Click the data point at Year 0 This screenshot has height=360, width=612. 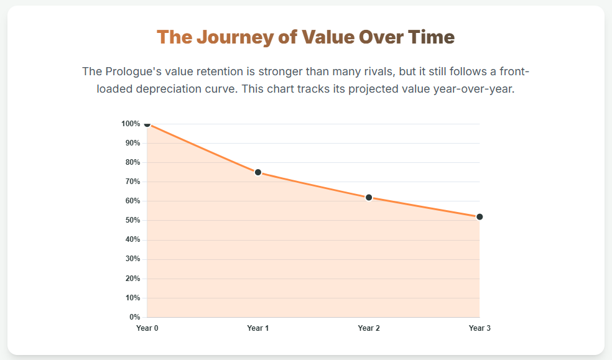(x=147, y=124)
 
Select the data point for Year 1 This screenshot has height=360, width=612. (x=258, y=172)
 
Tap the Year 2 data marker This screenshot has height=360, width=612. (x=369, y=197)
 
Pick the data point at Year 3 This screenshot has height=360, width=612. (x=480, y=217)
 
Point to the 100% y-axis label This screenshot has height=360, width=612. (x=131, y=124)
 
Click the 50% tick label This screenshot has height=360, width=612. (x=132, y=220)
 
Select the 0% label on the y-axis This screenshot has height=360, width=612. (x=135, y=317)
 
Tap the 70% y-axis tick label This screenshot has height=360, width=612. (x=132, y=182)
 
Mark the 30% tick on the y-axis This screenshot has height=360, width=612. (x=132, y=259)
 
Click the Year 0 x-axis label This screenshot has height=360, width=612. (x=147, y=328)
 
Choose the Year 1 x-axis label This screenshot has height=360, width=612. (x=258, y=328)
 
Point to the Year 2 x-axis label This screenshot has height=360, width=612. (x=369, y=328)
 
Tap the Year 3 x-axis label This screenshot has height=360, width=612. (x=480, y=328)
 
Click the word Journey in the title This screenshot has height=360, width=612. (x=234, y=37)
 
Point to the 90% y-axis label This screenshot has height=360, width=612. (x=132, y=143)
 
